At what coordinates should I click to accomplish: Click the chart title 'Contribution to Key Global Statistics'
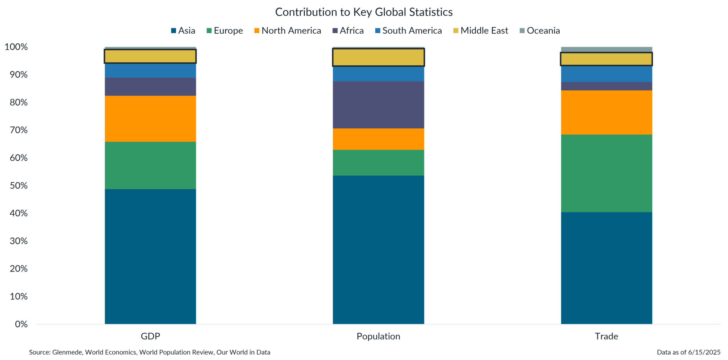coord(364,12)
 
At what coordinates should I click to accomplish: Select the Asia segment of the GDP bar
coord(150,256)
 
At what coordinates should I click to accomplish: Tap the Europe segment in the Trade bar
coord(606,173)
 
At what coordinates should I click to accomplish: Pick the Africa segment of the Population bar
coord(378,105)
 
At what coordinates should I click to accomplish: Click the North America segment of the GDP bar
coord(150,119)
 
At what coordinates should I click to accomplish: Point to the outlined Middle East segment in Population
coord(378,57)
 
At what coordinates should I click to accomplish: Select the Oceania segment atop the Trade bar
coord(606,50)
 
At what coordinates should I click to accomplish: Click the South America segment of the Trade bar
coord(606,74)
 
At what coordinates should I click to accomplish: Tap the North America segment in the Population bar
coord(378,139)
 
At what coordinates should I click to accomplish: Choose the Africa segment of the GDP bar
coord(150,87)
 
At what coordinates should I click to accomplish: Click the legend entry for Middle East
coord(481,31)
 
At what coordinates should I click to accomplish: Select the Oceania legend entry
coord(540,31)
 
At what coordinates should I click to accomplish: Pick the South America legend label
coord(412,31)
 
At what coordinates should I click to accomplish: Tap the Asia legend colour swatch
coord(173,31)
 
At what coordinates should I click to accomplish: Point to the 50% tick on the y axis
coord(16,186)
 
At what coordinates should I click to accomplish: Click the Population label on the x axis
coord(378,336)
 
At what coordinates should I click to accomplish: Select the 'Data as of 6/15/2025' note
coord(689,352)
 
